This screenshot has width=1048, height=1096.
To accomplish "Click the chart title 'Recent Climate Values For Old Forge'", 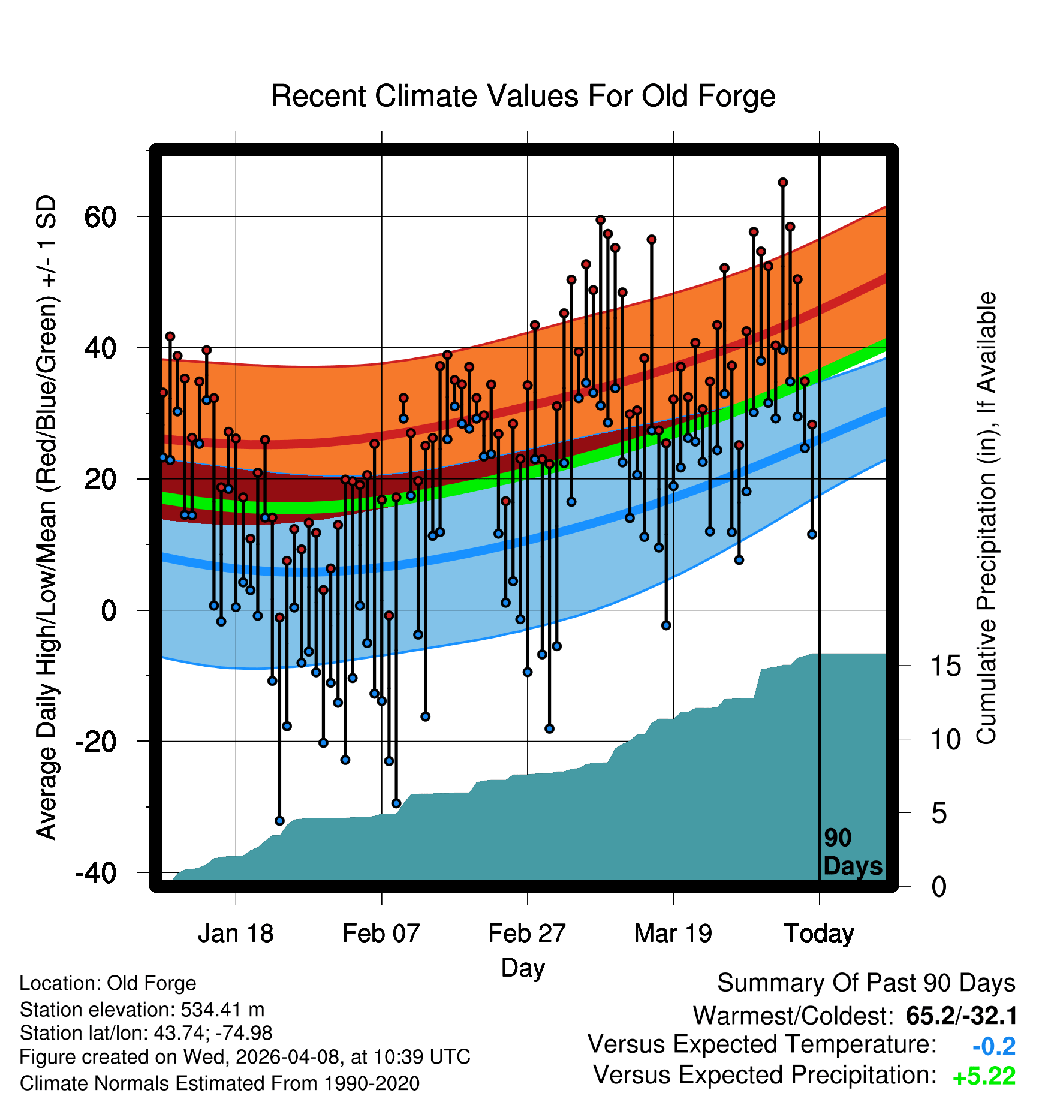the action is (523, 96).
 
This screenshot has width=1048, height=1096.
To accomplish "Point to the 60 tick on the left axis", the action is (100, 216).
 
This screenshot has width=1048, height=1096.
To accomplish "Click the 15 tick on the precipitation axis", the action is (945, 666).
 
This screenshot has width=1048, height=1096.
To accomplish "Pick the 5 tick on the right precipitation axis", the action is (939, 814).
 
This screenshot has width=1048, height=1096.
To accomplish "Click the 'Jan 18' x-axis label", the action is (236, 934).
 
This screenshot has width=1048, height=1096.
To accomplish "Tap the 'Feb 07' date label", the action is (381, 934).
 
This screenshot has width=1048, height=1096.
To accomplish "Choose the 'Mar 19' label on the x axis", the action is (673, 934).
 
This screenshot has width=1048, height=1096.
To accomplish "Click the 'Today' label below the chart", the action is (820, 934).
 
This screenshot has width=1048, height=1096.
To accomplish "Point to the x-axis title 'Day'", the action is (523, 968).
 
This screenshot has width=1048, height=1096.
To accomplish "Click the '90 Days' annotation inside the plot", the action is (853, 852).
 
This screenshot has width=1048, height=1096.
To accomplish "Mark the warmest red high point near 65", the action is (783, 182).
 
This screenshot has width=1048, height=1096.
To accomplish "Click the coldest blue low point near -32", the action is (279, 821).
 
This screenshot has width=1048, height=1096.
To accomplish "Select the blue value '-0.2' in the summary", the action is (994, 1046).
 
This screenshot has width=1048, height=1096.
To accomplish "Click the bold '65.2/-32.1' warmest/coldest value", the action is (962, 1016).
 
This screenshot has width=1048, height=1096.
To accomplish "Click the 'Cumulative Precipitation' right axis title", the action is (987, 519).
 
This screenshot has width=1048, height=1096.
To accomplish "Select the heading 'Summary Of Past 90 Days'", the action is (866, 983).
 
